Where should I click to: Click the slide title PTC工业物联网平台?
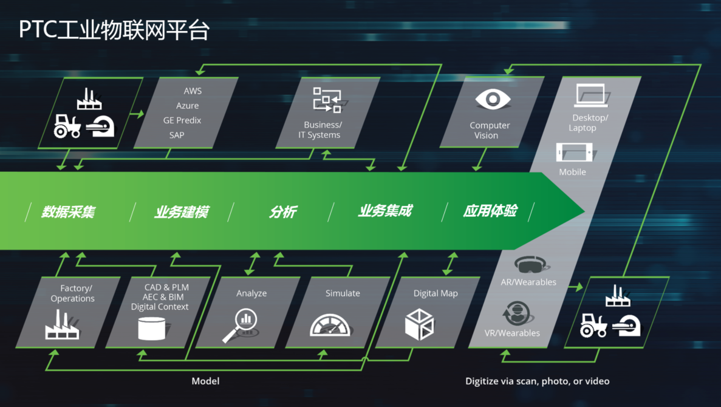[114, 29]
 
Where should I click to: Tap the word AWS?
[193, 91]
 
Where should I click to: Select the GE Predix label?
[182, 120]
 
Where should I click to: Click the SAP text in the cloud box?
[177, 135]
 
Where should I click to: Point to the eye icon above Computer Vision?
[493, 100]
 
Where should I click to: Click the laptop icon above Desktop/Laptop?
[590, 96]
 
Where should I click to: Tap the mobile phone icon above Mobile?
[574, 152]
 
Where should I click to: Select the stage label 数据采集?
[69, 212]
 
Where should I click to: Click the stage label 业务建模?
[182, 212]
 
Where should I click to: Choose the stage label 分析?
[283, 212]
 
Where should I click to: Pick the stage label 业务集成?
[385, 211]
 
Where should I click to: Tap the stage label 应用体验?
[490, 211]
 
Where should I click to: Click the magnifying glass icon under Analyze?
[241, 324]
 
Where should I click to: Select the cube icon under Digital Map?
[419, 324]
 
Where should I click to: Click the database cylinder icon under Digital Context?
[152, 329]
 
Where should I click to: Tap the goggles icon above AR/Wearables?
[530, 265]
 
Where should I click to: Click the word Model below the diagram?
[205, 381]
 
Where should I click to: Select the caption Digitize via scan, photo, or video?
[537, 381]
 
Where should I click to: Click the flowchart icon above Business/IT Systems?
[327, 100]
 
